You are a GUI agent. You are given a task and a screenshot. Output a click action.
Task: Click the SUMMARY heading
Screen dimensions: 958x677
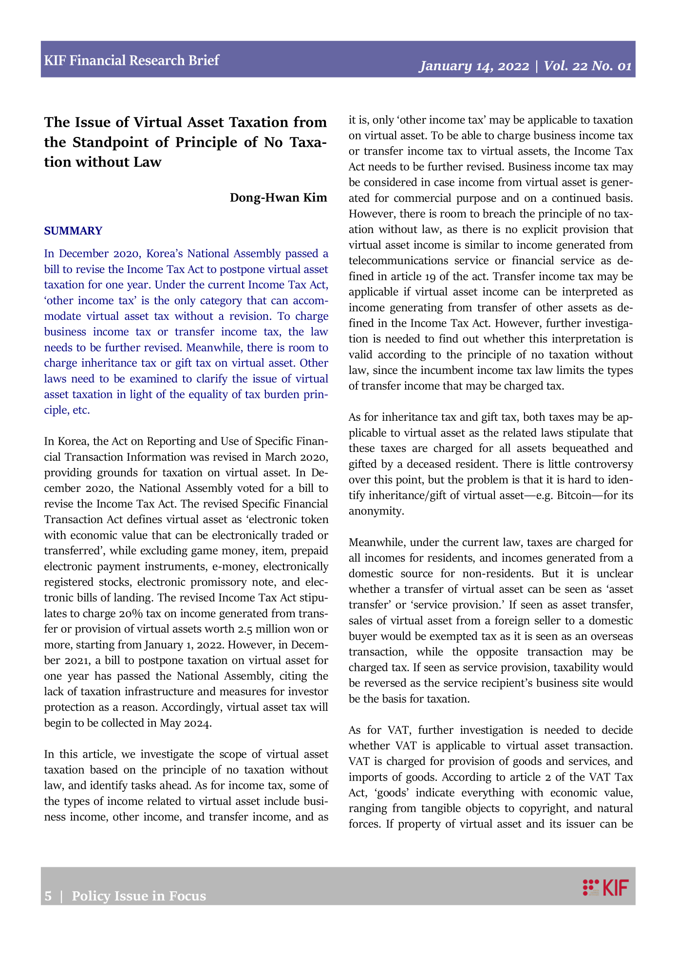click(x=73, y=231)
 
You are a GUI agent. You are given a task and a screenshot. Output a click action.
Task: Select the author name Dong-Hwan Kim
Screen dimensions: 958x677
click(x=278, y=197)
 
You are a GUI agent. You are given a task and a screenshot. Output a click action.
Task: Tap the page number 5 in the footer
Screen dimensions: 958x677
click(x=48, y=896)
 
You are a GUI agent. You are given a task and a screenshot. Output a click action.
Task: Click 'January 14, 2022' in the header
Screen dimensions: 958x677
click(x=474, y=66)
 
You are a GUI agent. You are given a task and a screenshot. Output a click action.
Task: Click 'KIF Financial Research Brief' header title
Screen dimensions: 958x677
click(x=132, y=60)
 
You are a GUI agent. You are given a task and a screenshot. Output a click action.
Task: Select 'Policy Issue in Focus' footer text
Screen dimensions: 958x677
click(x=139, y=896)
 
